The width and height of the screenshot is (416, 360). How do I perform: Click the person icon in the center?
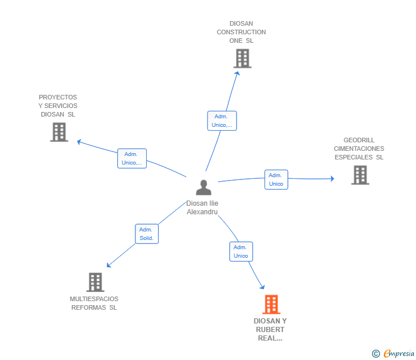203,187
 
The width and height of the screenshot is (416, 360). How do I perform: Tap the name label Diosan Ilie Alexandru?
202,207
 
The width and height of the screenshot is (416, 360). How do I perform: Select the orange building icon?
271,305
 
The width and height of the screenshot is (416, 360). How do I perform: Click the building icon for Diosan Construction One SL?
242,58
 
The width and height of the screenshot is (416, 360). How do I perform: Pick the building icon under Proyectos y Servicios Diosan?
59,132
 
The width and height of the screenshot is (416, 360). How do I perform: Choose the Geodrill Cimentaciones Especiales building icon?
360,175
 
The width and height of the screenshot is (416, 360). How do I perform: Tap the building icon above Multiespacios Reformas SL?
95,282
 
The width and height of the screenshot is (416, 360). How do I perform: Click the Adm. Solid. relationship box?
147,234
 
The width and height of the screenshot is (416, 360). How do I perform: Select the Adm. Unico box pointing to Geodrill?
276,179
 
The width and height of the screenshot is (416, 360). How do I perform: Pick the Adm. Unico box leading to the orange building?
241,251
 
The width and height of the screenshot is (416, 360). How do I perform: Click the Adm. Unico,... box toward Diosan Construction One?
222,121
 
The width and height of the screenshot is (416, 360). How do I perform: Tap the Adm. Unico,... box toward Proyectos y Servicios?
132,158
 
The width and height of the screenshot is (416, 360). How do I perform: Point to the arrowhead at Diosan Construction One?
238,73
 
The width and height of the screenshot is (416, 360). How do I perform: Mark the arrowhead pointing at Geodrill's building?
332,178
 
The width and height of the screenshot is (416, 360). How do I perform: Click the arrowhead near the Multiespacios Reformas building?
109,265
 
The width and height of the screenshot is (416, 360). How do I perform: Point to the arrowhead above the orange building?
263,287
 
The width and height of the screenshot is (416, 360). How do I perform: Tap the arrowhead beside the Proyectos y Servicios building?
79,142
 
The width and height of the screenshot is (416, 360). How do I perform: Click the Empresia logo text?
399,353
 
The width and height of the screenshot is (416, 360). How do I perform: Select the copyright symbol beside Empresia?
375,354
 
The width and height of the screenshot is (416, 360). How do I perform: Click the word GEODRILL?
359,140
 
